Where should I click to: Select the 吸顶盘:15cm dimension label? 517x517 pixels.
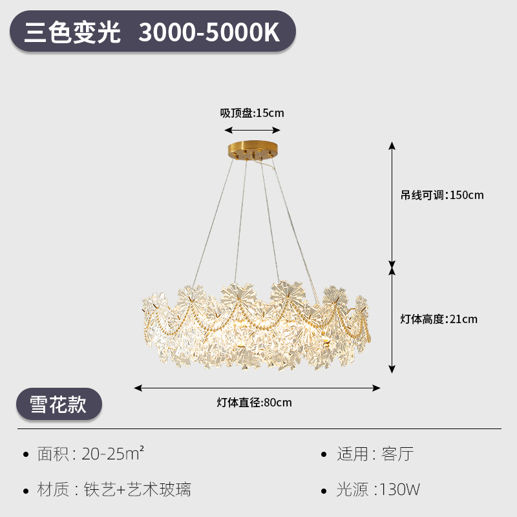[252, 113]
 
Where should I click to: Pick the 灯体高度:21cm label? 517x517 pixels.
[439, 319]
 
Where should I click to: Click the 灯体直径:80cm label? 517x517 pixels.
[254, 403]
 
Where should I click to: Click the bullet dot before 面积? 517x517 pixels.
[26, 455]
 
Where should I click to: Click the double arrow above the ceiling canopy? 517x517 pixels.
[253, 130]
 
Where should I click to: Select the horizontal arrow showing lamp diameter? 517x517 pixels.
[257, 388]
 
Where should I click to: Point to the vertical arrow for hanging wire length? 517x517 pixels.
[392, 204]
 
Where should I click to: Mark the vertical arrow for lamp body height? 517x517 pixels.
[392, 319]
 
